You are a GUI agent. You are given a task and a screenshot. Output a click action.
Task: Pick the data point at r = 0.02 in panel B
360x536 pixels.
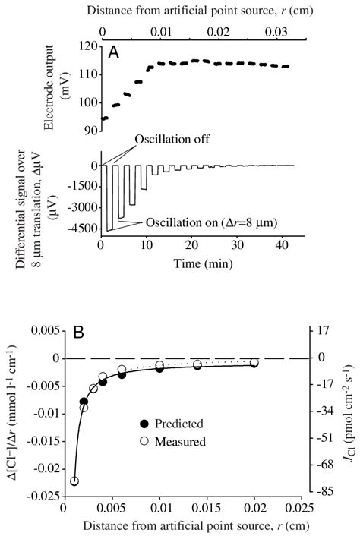pos(254,363)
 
